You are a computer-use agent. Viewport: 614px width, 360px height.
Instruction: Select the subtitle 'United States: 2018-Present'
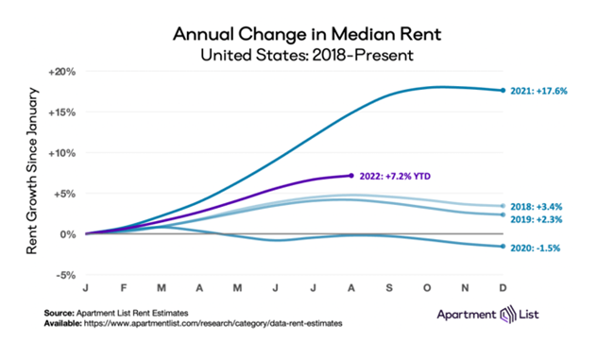(306, 55)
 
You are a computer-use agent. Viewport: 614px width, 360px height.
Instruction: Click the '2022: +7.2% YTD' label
(389, 176)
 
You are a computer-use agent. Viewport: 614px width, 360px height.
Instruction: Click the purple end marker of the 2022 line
(351, 175)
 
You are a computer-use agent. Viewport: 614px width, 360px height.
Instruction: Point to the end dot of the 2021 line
(502, 90)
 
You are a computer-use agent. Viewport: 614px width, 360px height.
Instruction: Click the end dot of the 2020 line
(502, 247)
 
